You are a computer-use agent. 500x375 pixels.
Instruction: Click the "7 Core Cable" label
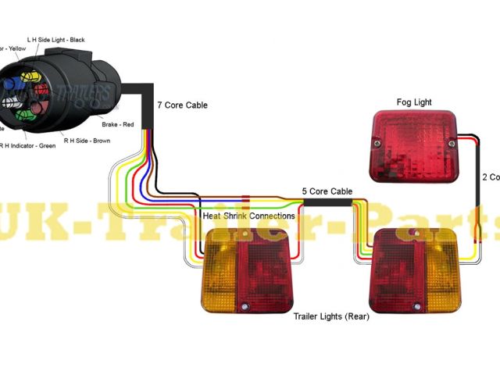click(182, 105)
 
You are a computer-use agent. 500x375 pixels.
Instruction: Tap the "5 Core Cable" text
click(327, 191)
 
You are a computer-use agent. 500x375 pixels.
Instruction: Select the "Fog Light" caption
click(414, 102)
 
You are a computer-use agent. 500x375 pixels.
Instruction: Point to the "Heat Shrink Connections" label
click(248, 216)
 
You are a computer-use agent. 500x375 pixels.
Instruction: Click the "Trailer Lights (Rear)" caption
click(331, 317)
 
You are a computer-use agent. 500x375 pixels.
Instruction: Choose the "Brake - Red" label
click(119, 125)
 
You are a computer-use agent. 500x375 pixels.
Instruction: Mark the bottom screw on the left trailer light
click(247, 305)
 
